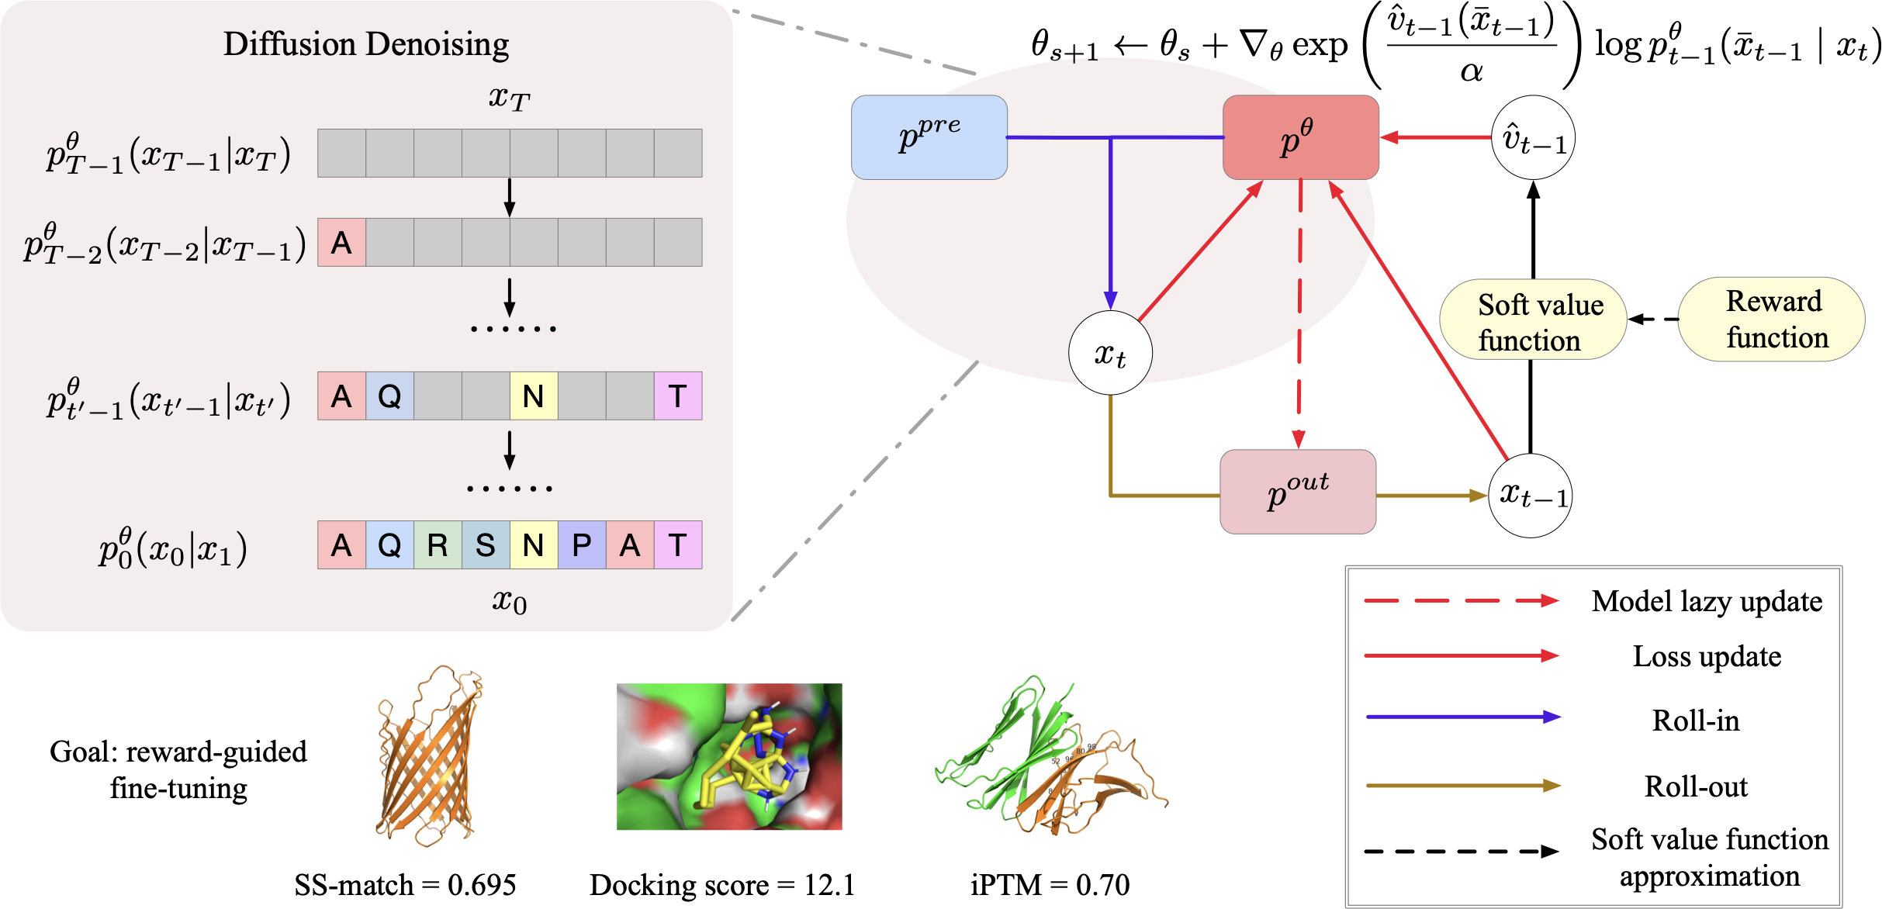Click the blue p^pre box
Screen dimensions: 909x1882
(929, 137)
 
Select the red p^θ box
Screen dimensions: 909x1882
(1300, 137)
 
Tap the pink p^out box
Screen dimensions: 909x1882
(1298, 492)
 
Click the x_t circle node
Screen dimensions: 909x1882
(1110, 353)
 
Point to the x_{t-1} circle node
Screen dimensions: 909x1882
(1531, 495)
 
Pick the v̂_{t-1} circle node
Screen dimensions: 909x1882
(1533, 137)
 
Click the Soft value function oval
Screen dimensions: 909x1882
(1533, 320)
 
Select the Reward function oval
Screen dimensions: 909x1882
(1772, 319)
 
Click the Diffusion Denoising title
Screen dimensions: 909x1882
(366, 44)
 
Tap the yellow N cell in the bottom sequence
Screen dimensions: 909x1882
(533, 545)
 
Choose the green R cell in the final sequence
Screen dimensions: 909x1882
(438, 545)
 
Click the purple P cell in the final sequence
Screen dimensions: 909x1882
(581, 545)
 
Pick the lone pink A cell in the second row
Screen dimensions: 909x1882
(341, 243)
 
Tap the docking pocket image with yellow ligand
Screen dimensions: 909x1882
(728, 756)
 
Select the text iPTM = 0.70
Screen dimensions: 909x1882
(1050, 885)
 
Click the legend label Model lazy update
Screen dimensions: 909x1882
(1707, 602)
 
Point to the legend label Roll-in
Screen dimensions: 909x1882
(1696, 721)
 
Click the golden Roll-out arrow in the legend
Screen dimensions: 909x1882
(1462, 786)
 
